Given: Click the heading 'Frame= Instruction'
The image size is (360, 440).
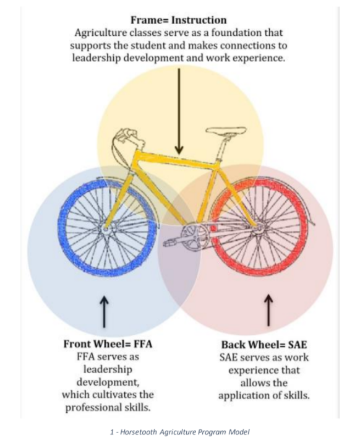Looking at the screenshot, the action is pyautogui.click(x=179, y=20).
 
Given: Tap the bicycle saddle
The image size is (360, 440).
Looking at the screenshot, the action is pyautogui.click(x=226, y=131).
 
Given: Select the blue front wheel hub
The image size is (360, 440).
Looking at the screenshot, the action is pyautogui.click(x=105, y=229).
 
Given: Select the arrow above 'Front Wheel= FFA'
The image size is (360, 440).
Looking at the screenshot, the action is pyautogui.click(x=105, y=311).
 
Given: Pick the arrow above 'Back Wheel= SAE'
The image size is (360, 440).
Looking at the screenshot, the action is pyautogui.click(x=268, y=310).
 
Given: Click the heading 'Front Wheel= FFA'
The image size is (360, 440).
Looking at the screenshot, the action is pyautogui.click(x=108, y=344).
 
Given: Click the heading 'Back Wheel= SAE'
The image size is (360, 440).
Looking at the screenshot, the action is pyautogui.click(x=264, y=345).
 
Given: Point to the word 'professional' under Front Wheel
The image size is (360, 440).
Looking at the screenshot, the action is pyautogui.click(x=93, y=407).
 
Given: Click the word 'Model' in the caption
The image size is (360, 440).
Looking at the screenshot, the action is pyautogui.click(x=239, y=432).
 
